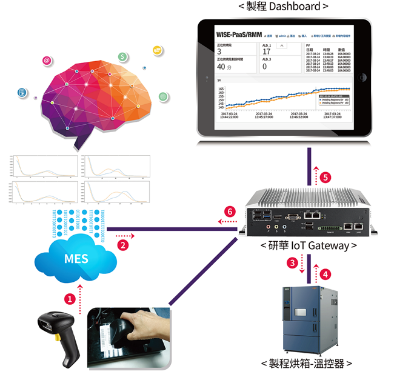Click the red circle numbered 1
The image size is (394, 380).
(x=70, y=298)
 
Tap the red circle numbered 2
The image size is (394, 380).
(x=122, y=245)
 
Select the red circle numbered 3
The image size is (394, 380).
(x=292, y=262)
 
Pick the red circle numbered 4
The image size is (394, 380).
(x=326, y=273)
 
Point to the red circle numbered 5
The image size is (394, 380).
(x=326, y=178)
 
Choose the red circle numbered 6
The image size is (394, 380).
(x=229, y=212)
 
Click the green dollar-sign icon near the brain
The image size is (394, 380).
(x=124, y=57)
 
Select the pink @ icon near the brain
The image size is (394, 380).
(x=47, y=61)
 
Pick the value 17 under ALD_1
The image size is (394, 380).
(x=266, y=52)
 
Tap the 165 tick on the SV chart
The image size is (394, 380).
(x=221, y=88)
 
